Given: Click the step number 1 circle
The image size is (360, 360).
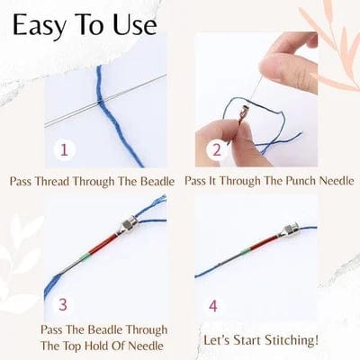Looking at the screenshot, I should [x=64, y=149].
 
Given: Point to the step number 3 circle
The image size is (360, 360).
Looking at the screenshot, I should [x=64, y=305].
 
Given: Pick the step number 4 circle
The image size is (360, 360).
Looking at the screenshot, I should [x=212, y=305].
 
